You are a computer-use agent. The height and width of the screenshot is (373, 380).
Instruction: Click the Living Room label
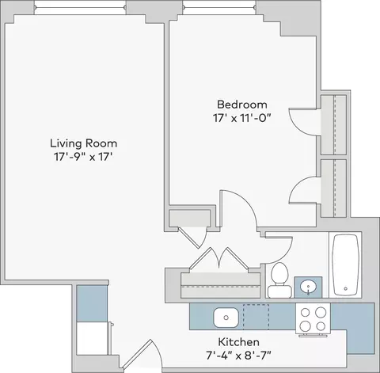[x=83, y=143]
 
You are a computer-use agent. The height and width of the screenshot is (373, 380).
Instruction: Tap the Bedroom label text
[x=242, y=105]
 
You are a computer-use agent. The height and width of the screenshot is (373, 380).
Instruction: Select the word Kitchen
[x=238, y=342]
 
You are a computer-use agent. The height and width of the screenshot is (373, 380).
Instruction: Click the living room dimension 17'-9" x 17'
[x=83, y=157]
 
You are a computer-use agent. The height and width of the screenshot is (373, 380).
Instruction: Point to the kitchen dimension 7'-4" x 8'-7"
[x=238, y=356]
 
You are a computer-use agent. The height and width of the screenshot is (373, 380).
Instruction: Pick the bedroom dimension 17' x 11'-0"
[x=242, y=118]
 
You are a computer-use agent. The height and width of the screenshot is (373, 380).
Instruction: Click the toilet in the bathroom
[x=279, y=280]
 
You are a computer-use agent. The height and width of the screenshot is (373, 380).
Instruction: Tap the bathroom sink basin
[x=308, y=287]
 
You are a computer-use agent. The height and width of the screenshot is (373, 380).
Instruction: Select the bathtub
[x=346, y=265]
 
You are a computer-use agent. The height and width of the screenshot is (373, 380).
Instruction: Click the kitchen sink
[x=226, y=318]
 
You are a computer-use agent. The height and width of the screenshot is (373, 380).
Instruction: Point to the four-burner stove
[x=313, y=319]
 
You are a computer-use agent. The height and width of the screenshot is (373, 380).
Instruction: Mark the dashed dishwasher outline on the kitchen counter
[x=256, y=317]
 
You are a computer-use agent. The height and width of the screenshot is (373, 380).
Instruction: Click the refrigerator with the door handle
[x=93, y=339]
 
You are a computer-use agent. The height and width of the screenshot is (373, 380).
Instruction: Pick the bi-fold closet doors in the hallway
[x=218, y=259]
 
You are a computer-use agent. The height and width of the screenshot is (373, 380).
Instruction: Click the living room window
[x=81, y=7]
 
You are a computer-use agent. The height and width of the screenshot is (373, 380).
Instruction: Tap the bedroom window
[x=219, y=7]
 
